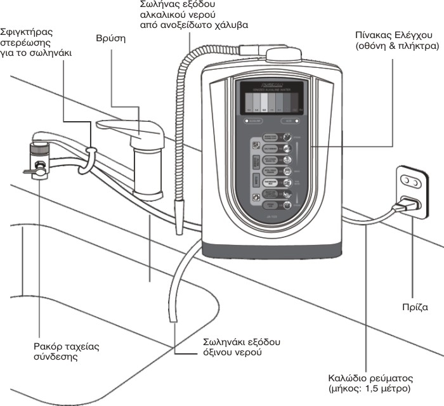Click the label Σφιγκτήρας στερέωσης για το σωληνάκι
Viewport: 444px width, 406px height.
(x=37, y=43)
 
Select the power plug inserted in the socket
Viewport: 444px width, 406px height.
(x=404, y=206)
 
